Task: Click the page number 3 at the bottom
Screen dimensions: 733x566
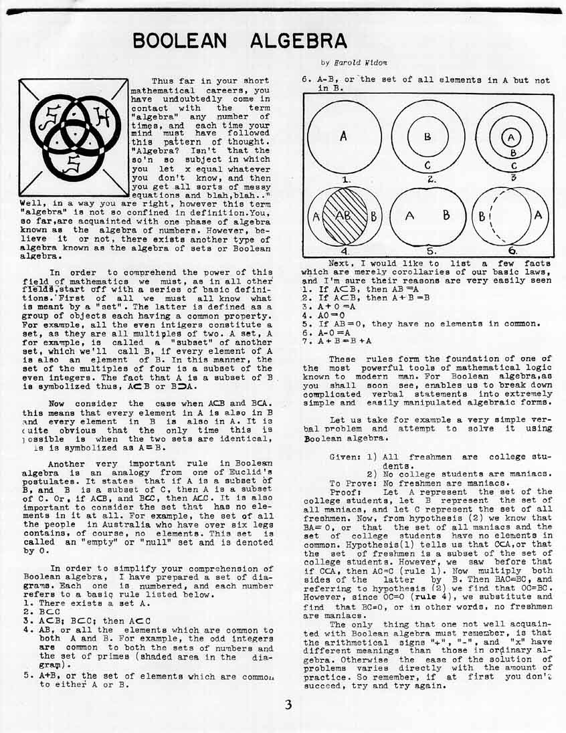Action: click(288, 704)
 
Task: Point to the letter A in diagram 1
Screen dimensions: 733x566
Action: click(343, 136)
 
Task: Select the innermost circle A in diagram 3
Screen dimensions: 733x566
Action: click(512, 136)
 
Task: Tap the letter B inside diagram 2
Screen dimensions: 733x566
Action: click(428, 136)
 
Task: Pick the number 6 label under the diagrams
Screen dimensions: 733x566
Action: click(512, 251)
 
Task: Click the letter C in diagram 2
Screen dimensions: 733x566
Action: click(427, 167)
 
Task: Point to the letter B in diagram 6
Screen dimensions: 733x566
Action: click(481, 217)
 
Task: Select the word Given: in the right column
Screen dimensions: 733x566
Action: click(346, 455)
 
